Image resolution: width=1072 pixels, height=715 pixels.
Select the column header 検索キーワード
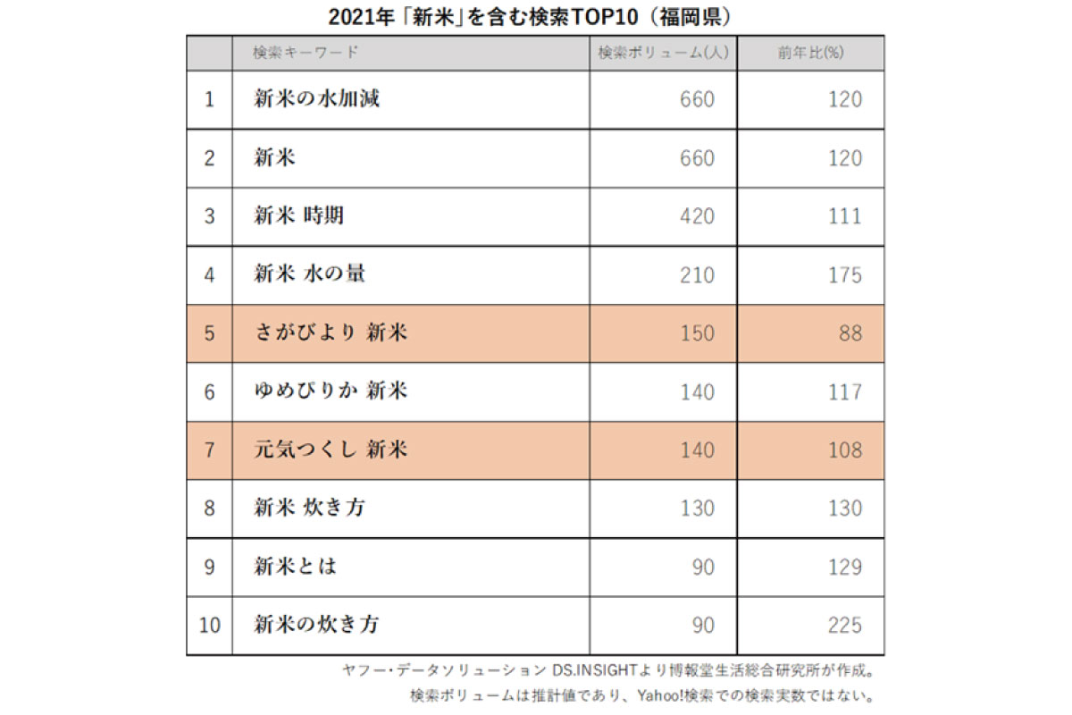tap(306, 53)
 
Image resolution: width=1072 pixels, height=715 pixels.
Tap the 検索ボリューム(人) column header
tap(664, 53)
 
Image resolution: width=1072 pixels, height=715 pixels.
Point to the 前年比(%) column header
tap(810, 53)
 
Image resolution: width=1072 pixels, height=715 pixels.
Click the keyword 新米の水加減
tap(317, 99)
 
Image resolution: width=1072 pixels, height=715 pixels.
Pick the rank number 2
tap(209, 158)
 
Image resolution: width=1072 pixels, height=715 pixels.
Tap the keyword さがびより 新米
tap(331, 332)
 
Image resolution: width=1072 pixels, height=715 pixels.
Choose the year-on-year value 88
tap(850, 332)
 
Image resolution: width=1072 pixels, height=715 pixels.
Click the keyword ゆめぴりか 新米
tap(331, 391)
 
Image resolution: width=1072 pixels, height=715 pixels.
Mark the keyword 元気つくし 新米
tap(331, 450)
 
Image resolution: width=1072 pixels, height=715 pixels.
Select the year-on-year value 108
tap(844, 450)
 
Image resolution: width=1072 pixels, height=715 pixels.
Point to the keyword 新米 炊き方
tap(309, 508)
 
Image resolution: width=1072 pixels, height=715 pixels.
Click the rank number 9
tap(209, 567)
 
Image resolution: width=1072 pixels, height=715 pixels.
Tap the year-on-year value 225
tap(844, 625)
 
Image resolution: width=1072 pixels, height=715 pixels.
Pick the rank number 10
tap(209, 625)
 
